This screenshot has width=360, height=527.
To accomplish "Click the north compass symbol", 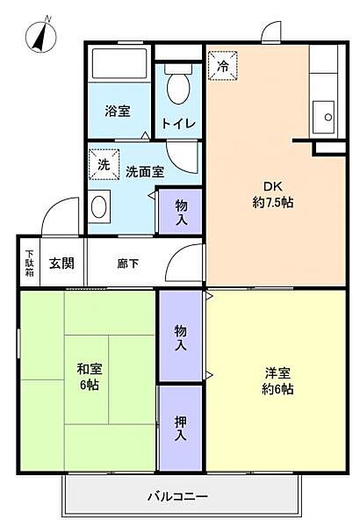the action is coord(41,34).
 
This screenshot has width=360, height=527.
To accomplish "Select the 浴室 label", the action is coord(118,111).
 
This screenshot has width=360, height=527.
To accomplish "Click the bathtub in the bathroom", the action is coord(119,64).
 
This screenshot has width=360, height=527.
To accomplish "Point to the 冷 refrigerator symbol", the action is coord(222,66).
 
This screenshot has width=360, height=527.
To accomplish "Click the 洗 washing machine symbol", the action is coord(104,164).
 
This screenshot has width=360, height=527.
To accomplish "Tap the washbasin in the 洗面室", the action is coord(99,206).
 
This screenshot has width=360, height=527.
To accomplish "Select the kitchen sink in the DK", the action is coord(323,117).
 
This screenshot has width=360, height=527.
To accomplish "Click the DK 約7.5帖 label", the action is coord(272,195).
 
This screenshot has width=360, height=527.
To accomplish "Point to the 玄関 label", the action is coord(61,263).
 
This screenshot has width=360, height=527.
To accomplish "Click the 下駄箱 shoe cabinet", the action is coord(30,262).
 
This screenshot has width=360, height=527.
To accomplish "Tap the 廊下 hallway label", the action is coord(128,263).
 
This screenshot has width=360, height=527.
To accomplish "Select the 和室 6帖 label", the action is coord(89,377).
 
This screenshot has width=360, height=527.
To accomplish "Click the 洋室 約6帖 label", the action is coord(277,380).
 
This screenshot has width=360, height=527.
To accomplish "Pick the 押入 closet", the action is coord(181,429).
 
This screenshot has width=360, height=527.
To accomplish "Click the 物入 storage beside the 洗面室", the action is coord(181,212).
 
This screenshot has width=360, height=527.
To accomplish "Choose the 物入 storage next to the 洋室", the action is coord(181,336).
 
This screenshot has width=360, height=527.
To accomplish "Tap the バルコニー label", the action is coord(178,495).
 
